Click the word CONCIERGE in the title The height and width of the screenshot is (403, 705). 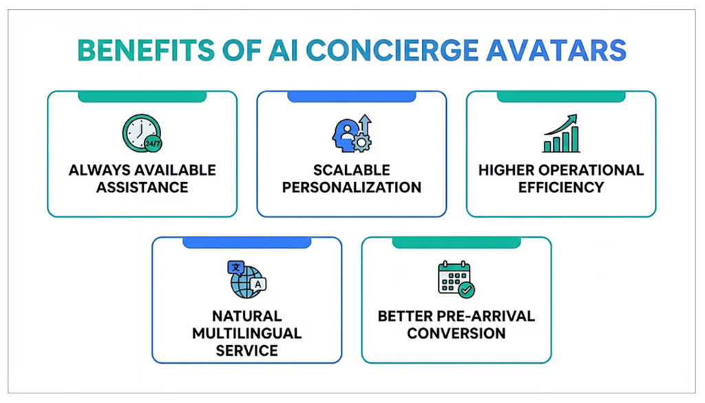[x=392, y=50]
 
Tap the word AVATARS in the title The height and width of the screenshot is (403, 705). [x=556, y=50]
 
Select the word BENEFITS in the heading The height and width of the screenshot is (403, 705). [x=146, y=50]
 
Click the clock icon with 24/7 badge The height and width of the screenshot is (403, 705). [x=142, y=133]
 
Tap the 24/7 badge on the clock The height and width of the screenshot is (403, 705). [x=153, y=143]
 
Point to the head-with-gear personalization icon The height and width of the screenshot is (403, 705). [x=352, y=133]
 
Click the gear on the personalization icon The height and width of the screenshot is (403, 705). [x=361, y=143]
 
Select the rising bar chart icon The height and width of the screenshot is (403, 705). [x=561, y=133]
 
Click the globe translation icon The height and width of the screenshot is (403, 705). [x=247, y=279]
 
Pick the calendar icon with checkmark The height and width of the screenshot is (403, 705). [x=456, y=279]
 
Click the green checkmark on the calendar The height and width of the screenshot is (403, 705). [x=466, y=289]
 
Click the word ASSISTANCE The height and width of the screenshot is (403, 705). [x=142, y=187]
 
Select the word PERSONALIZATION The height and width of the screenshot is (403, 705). [x=352, y=187]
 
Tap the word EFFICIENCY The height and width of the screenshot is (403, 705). [x=561, y=187]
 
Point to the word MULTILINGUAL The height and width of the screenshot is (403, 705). [x=247, y=333]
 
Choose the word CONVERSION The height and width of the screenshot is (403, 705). [x=456, y=333]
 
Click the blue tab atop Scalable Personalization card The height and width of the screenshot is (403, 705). [x=352, y=96]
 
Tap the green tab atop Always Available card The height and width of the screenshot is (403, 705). [x=142, y=96]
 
